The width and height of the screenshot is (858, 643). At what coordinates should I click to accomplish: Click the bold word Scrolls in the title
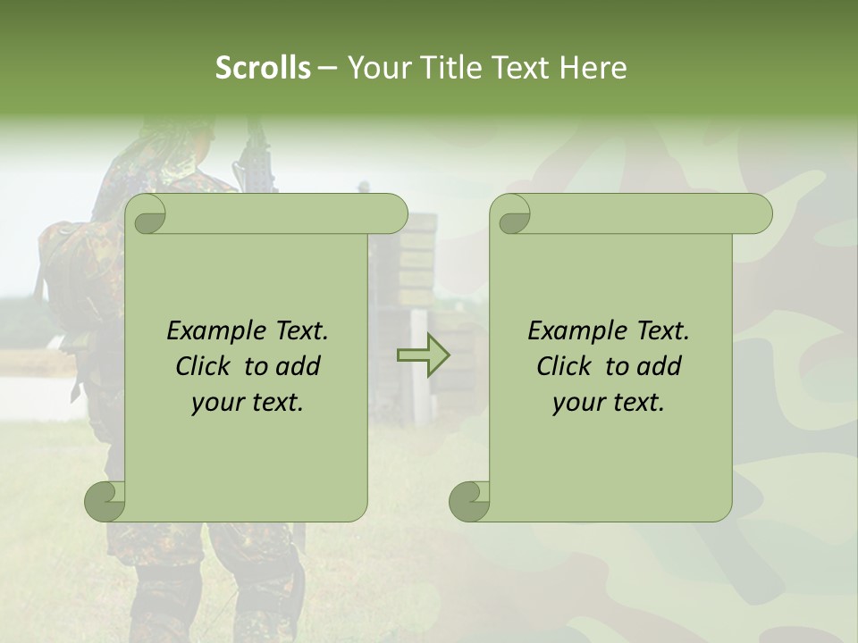pos(263,68)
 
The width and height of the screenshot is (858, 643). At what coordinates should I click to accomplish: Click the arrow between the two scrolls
pos(423,355)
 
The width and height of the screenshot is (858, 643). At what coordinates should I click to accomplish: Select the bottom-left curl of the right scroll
pos(470,501)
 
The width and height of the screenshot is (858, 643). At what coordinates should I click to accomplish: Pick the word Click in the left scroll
pos(195,366)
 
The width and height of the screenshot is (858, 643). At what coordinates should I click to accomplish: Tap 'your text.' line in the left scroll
pos(248,402)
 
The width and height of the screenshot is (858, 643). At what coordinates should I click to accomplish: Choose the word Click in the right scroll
pos(556,366)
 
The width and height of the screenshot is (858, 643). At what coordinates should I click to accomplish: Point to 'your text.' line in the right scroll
pos(609,402)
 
